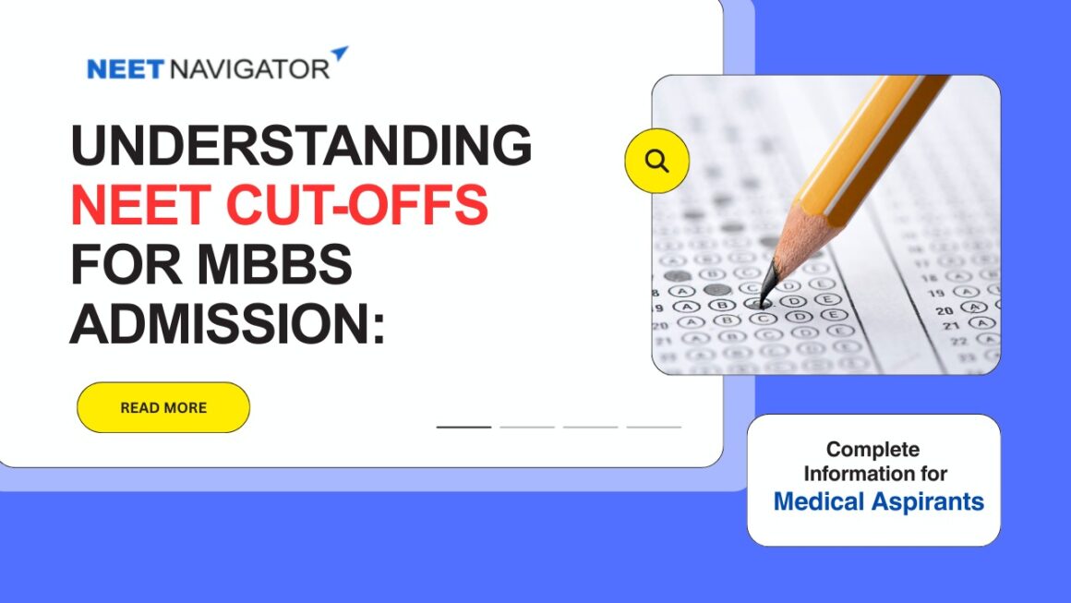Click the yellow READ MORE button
(163, 407)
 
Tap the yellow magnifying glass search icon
(657, 162)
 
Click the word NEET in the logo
(126, 69)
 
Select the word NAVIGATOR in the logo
(249, 69)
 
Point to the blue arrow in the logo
(340, 54)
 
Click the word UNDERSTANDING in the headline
(301, 145)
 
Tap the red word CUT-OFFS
(356, 204)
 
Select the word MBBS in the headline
(275, 263)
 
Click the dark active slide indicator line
(463, 427)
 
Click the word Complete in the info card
(872, 450)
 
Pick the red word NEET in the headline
(140, 204)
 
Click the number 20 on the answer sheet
(944, 310)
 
